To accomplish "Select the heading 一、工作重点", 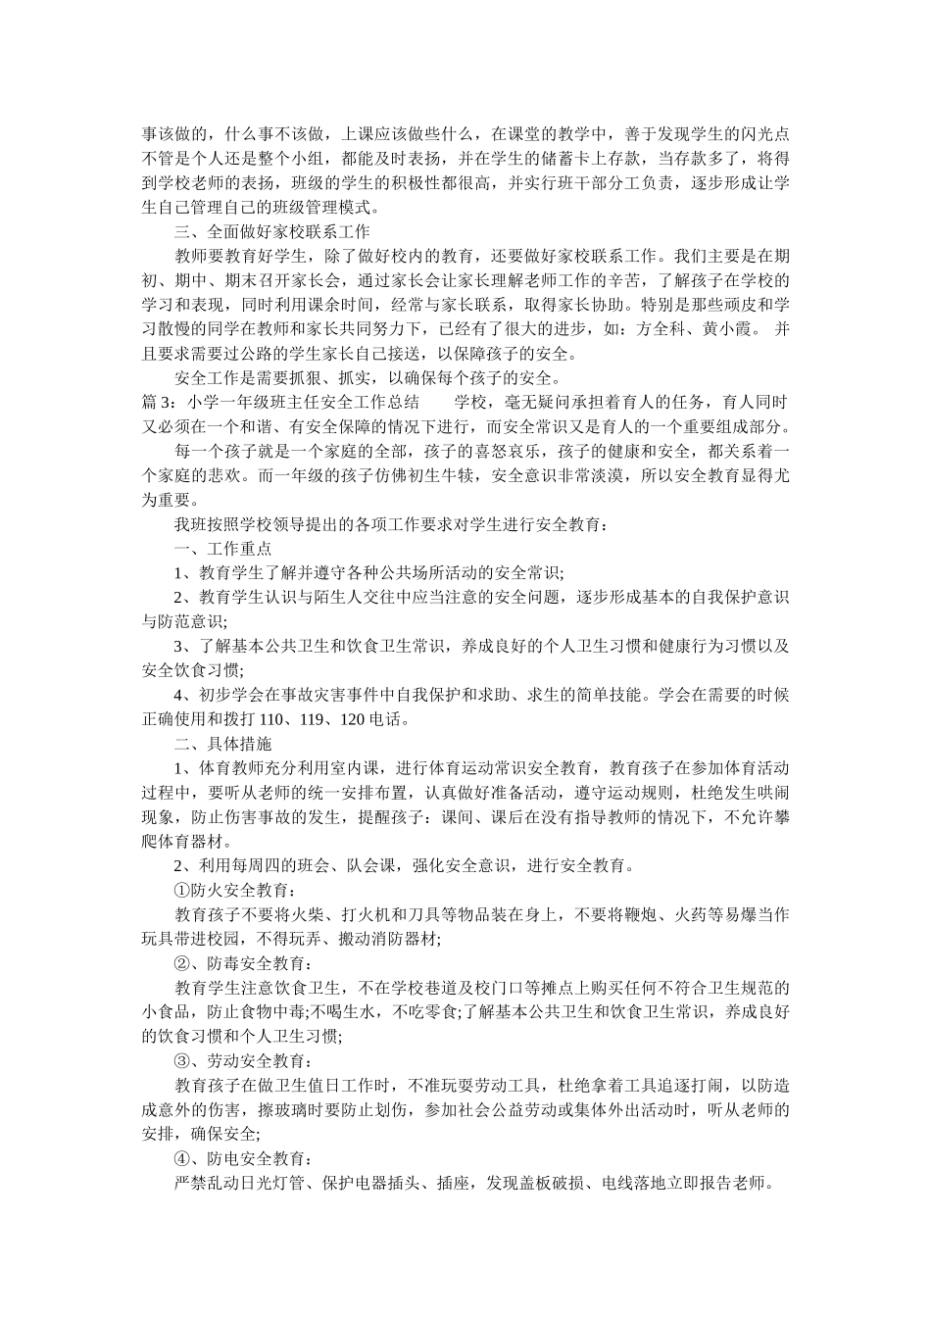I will [222, 549].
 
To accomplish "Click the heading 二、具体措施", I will [222, 744].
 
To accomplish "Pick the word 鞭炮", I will [642, 914].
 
